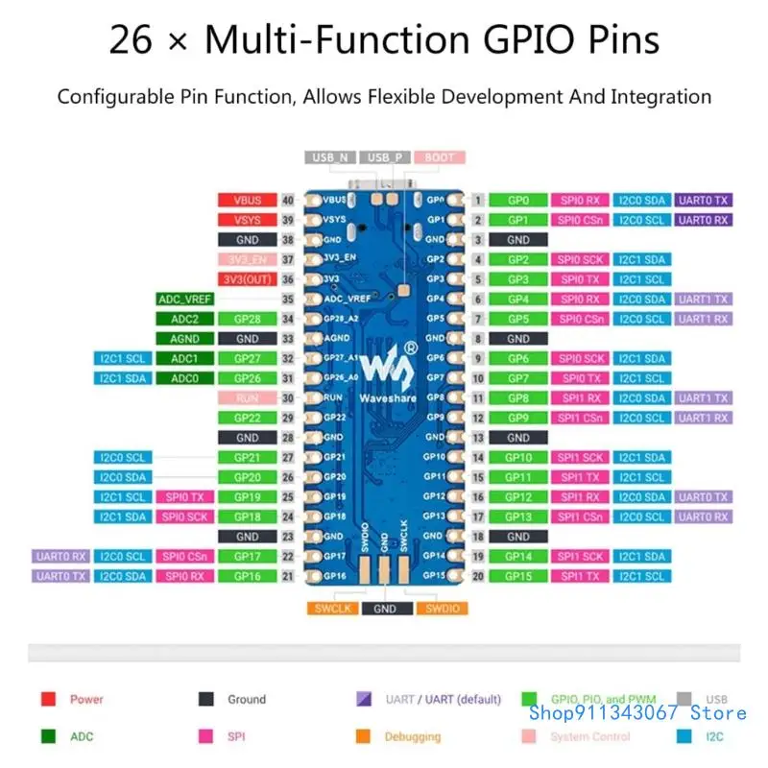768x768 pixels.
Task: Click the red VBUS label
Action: [247, 200]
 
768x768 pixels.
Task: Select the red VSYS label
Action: [247, 220]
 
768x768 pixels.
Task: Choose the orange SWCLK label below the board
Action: [333, 608]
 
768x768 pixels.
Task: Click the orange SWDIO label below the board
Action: [441, 608]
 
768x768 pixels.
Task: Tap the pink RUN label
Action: [247, 397]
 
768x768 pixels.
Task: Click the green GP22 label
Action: [247, 418]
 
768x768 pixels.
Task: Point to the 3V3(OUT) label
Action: [247, 279]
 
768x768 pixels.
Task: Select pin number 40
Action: [287, 200]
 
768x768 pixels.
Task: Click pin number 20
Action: [477, 576]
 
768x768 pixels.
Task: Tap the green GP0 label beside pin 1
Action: [518, 200]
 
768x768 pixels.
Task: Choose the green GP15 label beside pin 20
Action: [518, 576]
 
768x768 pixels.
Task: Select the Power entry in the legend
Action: [86, 700]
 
